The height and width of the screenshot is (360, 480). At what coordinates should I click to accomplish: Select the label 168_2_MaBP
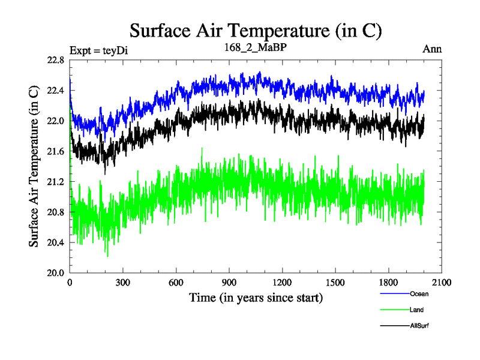click(x=256, y=48)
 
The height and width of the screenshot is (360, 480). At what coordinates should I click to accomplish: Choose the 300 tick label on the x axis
click(x=123, y=283)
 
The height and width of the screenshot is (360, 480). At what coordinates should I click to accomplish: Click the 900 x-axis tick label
click(x=229, y=283)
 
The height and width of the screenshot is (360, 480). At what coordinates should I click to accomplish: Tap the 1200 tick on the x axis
click(x=281, y=283)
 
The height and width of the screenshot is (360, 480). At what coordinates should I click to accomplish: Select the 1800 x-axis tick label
click(x=388, y=283)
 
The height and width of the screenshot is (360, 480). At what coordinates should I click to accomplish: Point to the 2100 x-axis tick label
click(x=440, y=283)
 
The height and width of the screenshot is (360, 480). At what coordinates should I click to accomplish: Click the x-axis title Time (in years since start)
click(x=256, y=298)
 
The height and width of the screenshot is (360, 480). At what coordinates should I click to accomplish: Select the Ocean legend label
click(x=419, y=294)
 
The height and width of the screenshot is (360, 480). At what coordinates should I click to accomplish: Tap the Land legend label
click(x=416, y=310)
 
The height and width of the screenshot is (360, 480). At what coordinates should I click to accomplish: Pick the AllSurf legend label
click(x=419, y=326)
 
